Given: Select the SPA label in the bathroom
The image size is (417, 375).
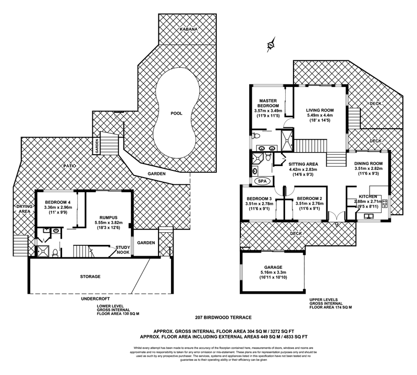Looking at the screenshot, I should pyautogui.click(x=261, y=181).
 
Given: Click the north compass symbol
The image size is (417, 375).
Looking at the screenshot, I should pyautogui.click(x=271, y=45).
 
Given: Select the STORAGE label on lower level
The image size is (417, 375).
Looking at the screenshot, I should pyautogui.click(x=91, y=276).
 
